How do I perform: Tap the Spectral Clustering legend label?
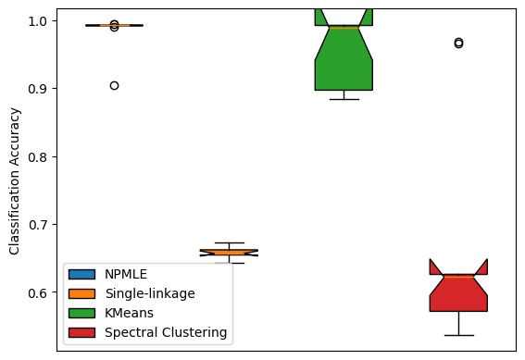point(166,332)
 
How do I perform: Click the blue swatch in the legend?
point(81,274)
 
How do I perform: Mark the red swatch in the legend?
point(81,332)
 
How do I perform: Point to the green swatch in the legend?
point(81,313)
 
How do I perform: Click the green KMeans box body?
point(344,65)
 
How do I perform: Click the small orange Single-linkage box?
point(229,252)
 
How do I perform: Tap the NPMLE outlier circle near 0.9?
point(114,85)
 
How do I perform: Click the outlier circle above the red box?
point(458,43)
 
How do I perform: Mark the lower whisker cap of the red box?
point(458,335)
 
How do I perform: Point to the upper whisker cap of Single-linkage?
point(229,242)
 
